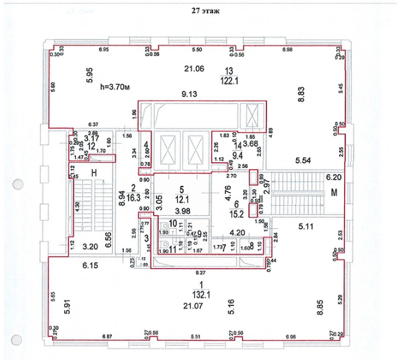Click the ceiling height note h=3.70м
[117, 87]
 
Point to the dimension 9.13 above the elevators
[189, 95]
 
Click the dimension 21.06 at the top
[197, 68]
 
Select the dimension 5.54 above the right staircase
[303, 161]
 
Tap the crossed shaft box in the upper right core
[252, 116]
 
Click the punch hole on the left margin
[18, 186]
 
